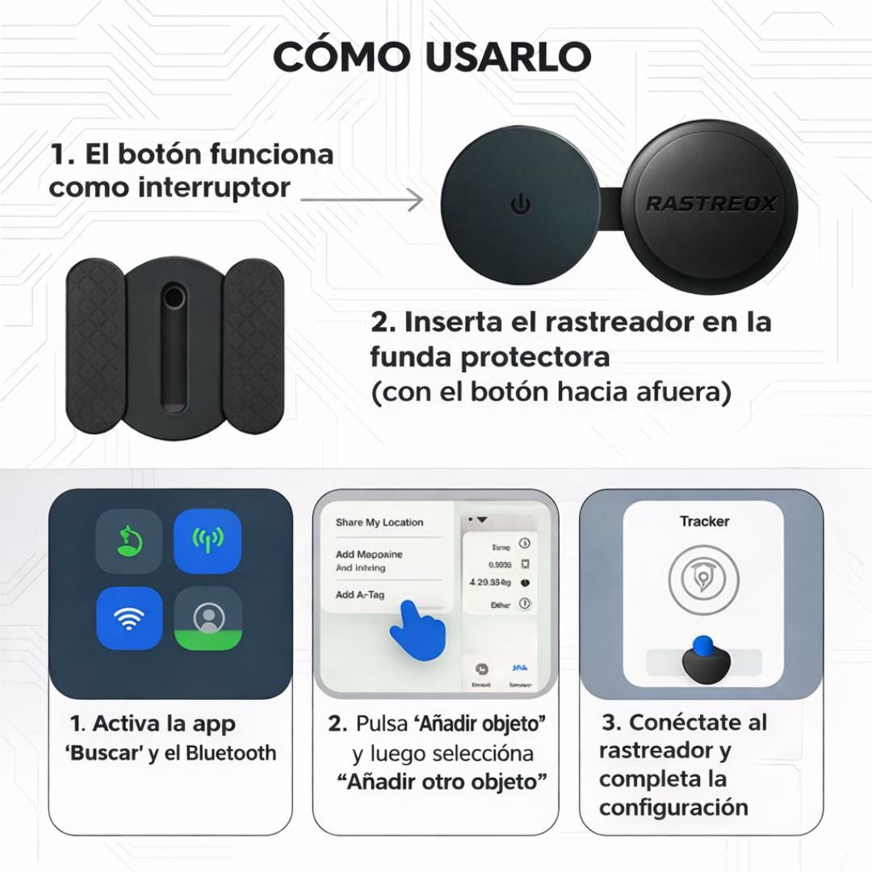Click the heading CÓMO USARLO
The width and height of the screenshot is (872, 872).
pos(432,57)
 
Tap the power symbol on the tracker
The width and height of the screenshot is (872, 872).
pos(521,204)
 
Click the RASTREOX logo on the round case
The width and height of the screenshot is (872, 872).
pos(711,203)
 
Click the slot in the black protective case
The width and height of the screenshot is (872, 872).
pos(173,347)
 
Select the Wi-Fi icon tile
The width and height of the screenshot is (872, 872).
pos(129,618)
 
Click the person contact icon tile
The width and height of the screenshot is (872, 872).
pos(208,618)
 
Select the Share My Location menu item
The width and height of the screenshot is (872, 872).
pos(379,522)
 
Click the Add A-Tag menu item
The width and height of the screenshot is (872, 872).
pos(360,595)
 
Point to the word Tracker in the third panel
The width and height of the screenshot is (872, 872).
pos(704,522)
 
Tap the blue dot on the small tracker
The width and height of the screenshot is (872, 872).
pos(703,644)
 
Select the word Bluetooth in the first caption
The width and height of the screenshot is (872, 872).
pos(231,753)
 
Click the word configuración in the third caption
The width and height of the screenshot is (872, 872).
pos(673,807)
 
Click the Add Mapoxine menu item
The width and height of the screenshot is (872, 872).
pos(369,555)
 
